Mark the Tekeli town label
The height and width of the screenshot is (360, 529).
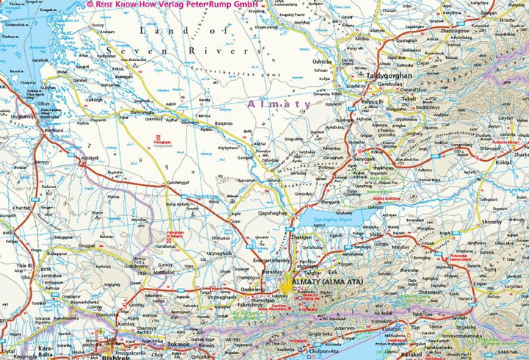[408, 98]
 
